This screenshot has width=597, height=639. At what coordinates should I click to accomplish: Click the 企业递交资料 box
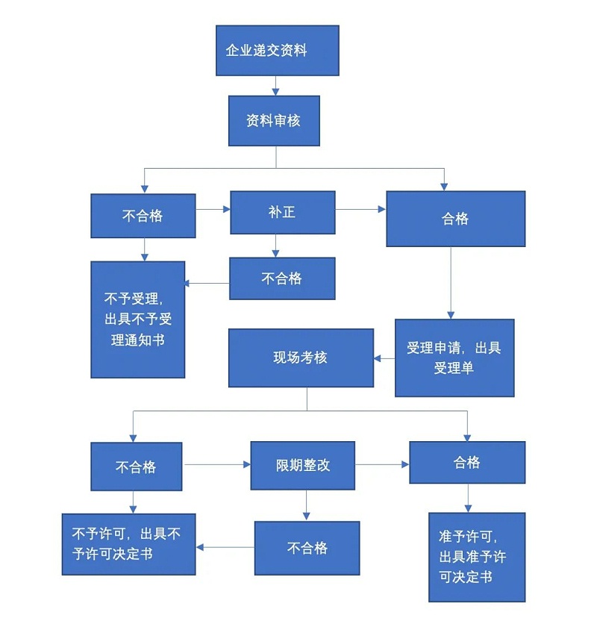277,51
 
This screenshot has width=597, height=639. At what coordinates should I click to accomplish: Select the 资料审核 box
274,120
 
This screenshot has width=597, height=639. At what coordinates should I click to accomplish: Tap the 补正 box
282,213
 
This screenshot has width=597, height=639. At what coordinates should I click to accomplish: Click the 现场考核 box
301,358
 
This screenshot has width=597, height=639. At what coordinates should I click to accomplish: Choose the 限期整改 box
302,465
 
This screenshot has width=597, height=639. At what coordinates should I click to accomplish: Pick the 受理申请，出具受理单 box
454,358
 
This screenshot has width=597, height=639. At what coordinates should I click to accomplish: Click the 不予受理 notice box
138,319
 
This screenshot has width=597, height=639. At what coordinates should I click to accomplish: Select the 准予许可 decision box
477,557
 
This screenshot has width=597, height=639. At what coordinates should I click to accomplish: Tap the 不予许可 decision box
128,544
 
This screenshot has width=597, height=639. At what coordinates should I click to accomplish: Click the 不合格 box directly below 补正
282,278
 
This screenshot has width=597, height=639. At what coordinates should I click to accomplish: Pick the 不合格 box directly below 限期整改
307,548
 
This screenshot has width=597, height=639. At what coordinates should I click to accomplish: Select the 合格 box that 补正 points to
455,219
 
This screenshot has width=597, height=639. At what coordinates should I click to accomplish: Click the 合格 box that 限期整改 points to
467,463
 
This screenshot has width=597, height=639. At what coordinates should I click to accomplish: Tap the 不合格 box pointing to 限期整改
136,467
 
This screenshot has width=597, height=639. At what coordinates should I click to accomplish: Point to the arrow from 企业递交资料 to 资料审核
276,85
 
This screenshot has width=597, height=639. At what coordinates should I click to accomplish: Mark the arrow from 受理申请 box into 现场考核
384,359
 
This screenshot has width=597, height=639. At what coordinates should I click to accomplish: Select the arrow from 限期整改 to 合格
382,464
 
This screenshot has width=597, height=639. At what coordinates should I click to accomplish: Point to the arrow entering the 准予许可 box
468,498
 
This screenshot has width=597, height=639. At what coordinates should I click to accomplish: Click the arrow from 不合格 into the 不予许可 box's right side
225,547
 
